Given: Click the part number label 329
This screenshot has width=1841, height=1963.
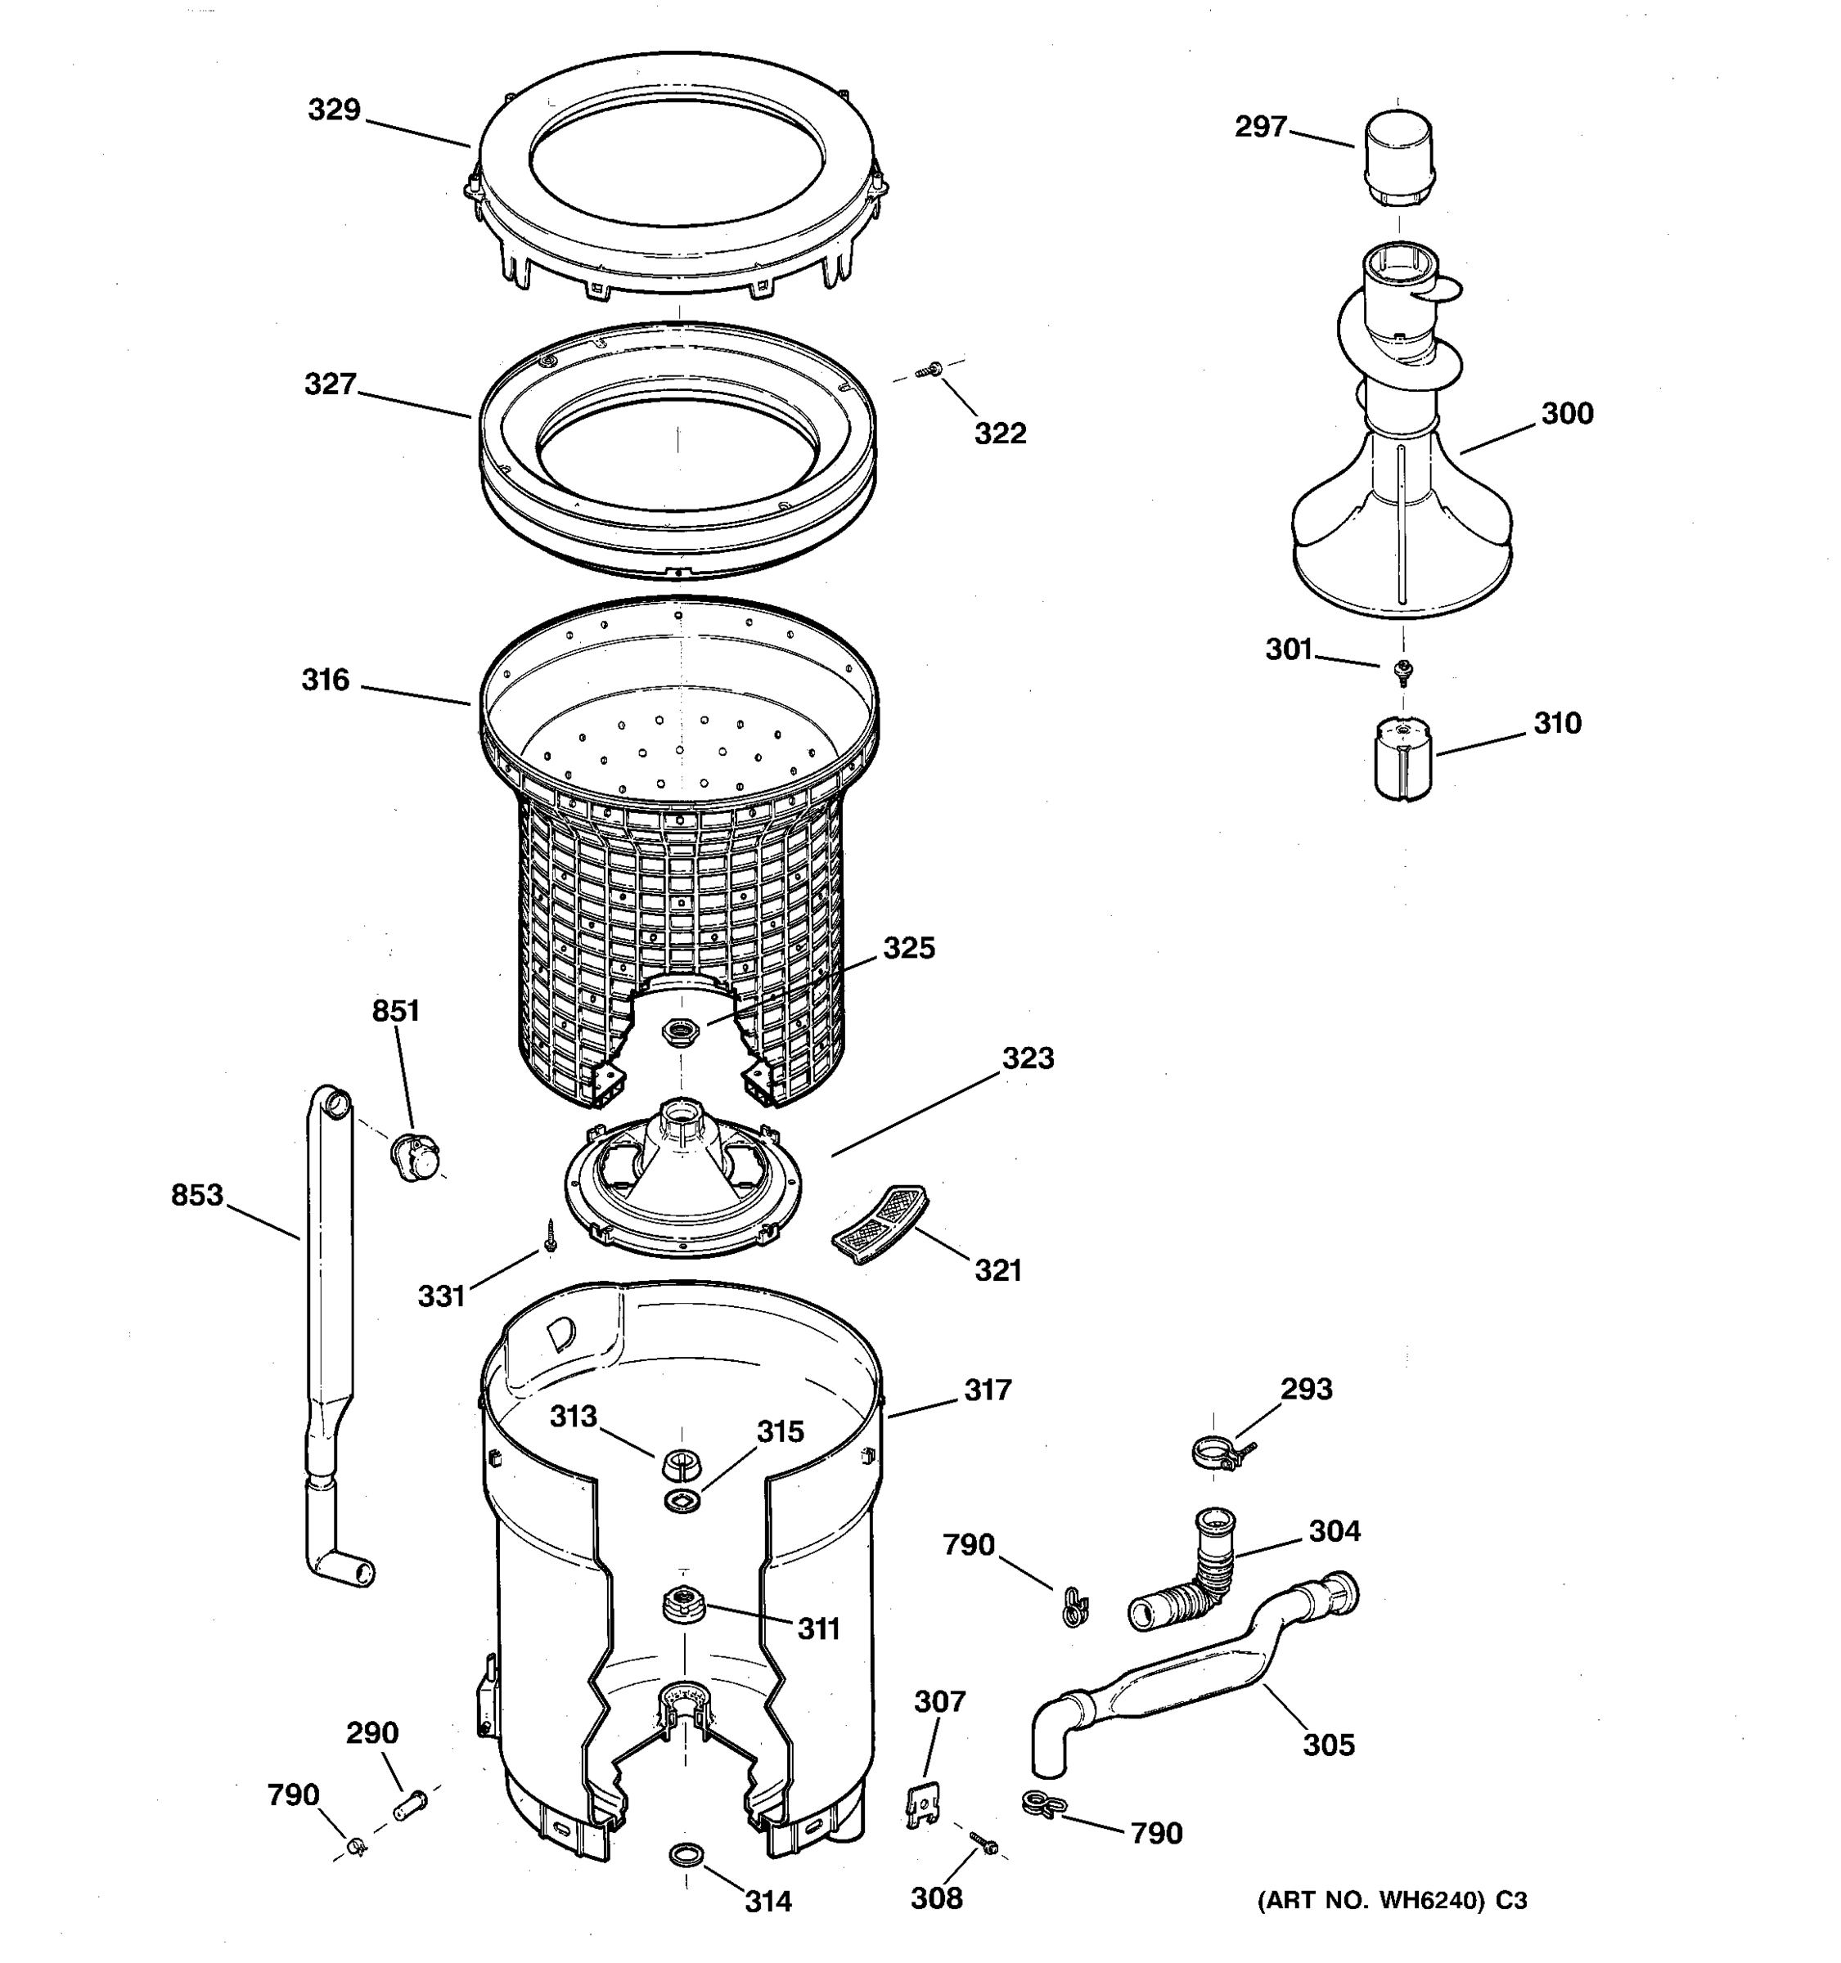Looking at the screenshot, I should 334,110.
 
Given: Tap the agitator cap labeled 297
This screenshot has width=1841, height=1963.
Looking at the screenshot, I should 1398,157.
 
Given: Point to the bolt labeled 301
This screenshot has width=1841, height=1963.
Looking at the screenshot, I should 1401,671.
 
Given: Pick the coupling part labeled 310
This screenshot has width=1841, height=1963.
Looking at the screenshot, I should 1402,757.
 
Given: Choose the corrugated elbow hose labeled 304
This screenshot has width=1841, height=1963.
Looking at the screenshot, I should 1185,1575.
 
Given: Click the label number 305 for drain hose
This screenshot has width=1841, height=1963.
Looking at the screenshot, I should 1329,1745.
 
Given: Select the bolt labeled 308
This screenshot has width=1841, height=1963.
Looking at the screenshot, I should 983,1843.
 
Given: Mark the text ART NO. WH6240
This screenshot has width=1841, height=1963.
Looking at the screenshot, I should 1372,1901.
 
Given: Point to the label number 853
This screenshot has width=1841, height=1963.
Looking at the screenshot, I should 196,1196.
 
